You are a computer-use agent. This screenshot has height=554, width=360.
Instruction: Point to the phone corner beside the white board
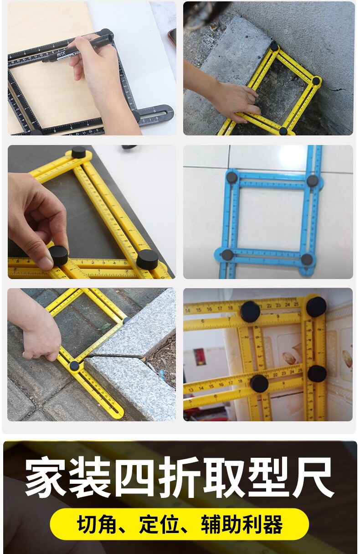click(x=173, y=36)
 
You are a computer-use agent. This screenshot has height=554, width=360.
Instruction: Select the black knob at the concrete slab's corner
click(x=274, y=47)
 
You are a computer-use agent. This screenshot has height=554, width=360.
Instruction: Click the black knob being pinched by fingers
click(x=59, y=255)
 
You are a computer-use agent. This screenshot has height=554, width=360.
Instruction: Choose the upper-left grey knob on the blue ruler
click(x=232, y=177)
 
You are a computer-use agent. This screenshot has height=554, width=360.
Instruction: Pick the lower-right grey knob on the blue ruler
click(x=307, y=259)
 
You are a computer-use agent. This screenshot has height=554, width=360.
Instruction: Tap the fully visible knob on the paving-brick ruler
click(x=74, y=366)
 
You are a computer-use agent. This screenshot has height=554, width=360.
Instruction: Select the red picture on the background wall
click(x=199, y=356)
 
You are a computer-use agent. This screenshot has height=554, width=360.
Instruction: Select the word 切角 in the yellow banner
click(x=97, y=523)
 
